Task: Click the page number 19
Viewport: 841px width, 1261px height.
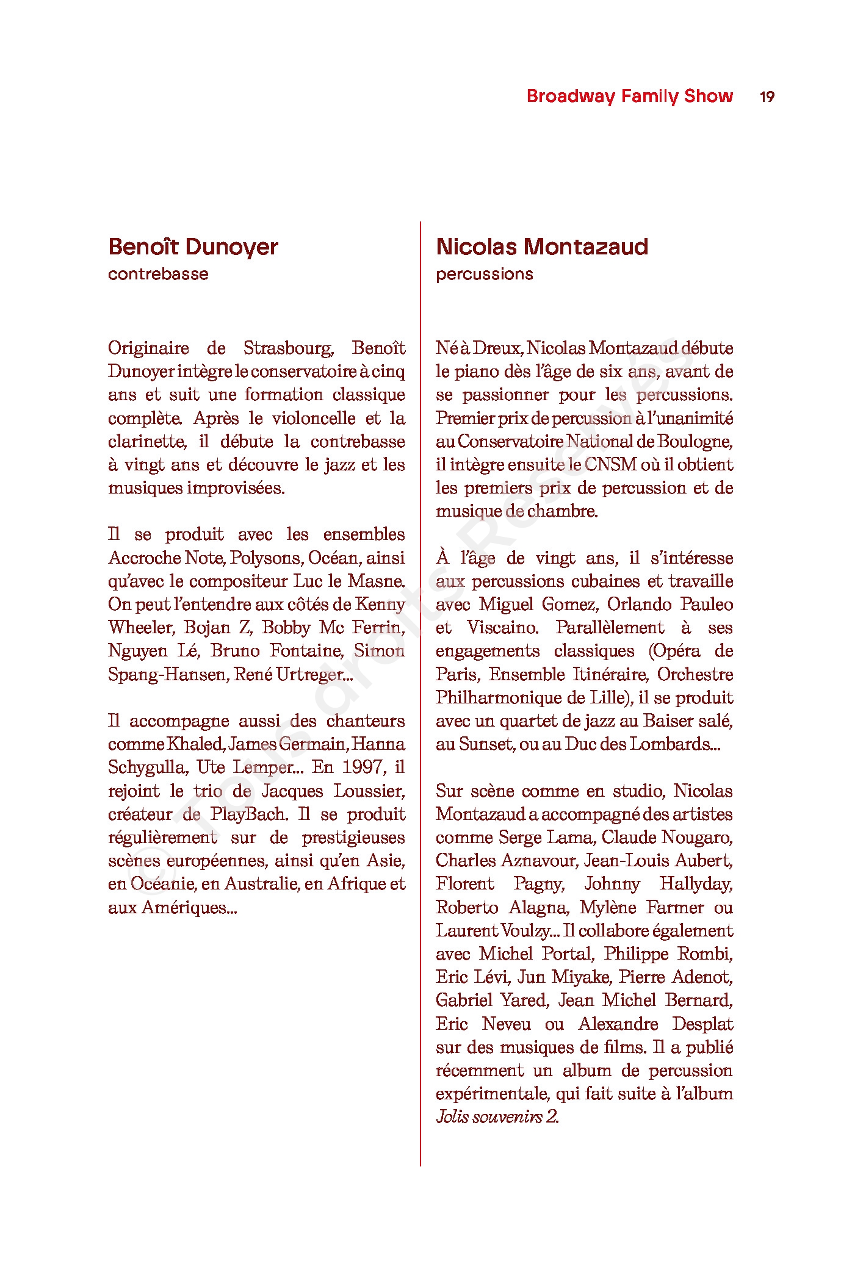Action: pos(767,96)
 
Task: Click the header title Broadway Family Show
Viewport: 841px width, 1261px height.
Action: pos(629,96)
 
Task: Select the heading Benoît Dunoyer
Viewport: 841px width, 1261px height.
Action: pos(193,247)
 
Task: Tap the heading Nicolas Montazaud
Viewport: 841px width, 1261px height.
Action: pos(542,247)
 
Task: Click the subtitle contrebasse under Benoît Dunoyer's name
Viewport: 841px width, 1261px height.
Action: pos(158,274)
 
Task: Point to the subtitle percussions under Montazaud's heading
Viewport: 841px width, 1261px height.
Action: pos(484,274)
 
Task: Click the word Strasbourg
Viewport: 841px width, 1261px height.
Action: pos(288,348)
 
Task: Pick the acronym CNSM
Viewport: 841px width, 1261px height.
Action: pos(610,465)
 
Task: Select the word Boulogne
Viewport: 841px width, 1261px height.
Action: pos(695,442)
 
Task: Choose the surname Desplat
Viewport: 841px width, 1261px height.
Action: pos(702,1024)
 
